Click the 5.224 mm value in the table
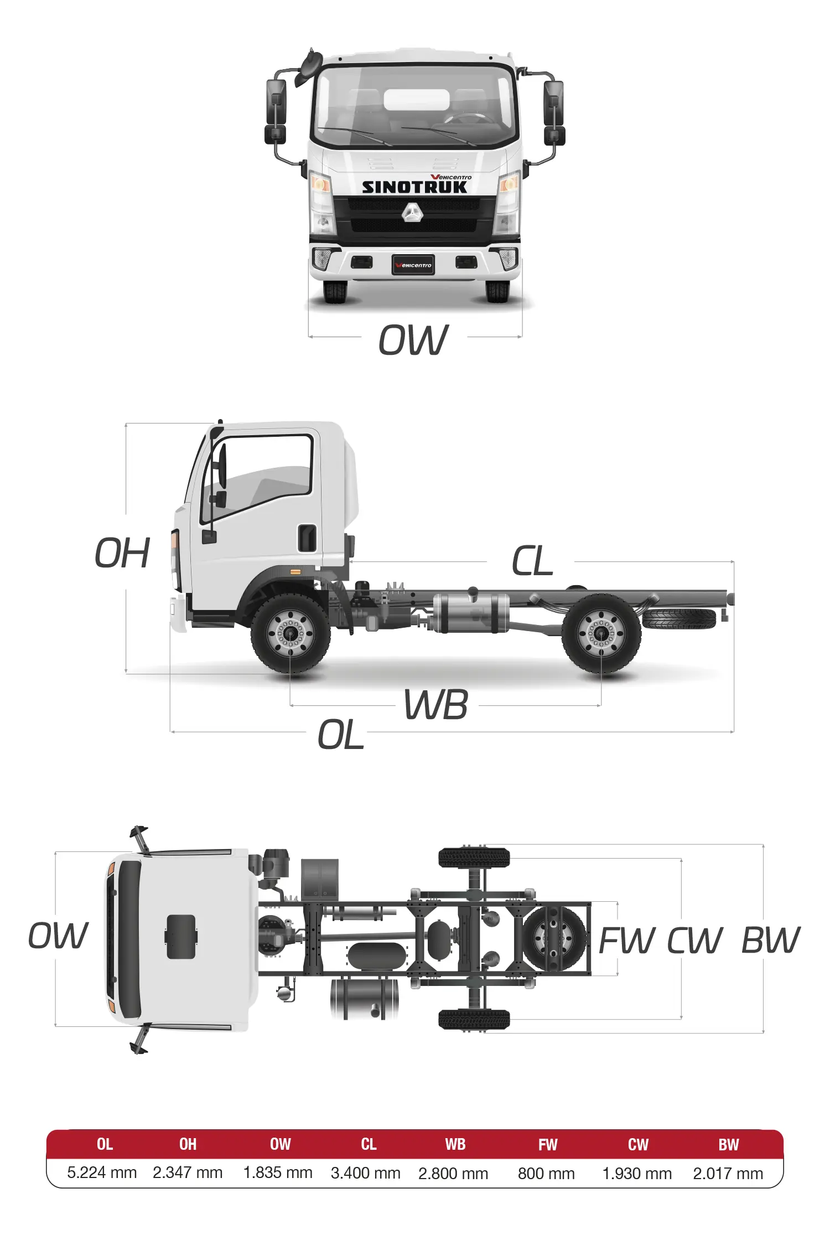102,1172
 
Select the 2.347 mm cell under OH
188,1172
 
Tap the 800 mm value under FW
546,1174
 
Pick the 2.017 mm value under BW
728,1174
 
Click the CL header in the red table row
369,1144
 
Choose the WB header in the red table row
455,1144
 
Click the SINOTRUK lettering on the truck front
414,187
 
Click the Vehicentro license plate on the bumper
413,265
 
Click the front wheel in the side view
290,633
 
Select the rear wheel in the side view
601,633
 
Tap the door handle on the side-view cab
307,538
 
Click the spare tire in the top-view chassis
554,939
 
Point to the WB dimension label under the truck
436,705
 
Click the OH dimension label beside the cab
122,553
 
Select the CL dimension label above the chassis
532,561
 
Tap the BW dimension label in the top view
770,940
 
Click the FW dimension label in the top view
626,940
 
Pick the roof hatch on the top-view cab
181,937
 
